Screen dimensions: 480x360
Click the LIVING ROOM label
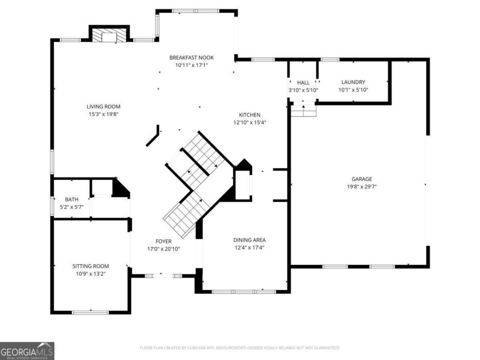click(x=103, y=106)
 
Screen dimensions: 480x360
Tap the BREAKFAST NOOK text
click(x=192, y=58)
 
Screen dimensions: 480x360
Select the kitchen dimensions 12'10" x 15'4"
click(x=250, y=122)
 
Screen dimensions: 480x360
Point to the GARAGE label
click(x=362, y=179)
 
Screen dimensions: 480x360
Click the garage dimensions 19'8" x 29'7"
click(x=362, y=187)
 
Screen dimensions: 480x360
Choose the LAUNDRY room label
click(x=353, y=82)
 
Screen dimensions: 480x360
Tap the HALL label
click(x=303, y=82)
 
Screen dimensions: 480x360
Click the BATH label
click(x=72, y=199)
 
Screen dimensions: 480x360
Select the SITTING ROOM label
click(x=91, y=266)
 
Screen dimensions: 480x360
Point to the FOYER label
click(x=163, y=241)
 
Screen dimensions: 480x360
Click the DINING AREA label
click(x=249, y=240)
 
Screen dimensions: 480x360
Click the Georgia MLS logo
click(x=27, y=351)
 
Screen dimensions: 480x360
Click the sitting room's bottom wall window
click(x=90, y=313)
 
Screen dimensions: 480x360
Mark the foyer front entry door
click(x=163, y=276)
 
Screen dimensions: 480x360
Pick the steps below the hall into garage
click(x=303, y=111)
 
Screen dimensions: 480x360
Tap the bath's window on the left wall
click(x=52, y=206)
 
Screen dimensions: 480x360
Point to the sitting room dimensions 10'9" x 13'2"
click(x=91, y=274)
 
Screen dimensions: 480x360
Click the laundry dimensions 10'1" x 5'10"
click(x=353, y=90)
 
